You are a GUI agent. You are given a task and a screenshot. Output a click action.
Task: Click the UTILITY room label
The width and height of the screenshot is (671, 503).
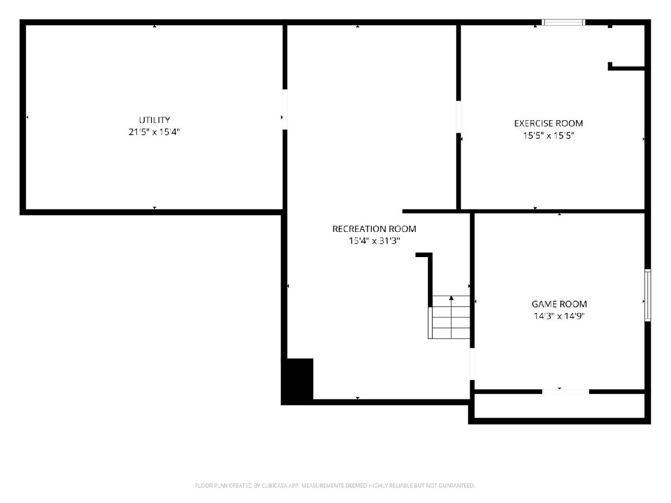(x=154, y=120)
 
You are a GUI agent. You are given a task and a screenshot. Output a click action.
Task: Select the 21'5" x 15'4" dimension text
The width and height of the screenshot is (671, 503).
(x=154, y=132)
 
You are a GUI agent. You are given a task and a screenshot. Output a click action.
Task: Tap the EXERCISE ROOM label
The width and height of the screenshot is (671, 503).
(x=549, y=124)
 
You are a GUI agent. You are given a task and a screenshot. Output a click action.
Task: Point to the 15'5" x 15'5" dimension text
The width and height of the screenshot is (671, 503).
(x=549, y=136)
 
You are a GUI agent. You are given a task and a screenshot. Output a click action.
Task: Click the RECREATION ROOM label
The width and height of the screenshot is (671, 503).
(x=374, y=229)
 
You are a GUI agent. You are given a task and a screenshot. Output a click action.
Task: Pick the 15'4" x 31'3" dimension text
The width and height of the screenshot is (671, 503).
(x=375, y=241)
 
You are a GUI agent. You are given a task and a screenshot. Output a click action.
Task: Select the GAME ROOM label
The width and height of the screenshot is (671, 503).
(x=559, y=304)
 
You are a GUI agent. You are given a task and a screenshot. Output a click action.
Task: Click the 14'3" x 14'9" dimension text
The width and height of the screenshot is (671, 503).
(x=559, y=316)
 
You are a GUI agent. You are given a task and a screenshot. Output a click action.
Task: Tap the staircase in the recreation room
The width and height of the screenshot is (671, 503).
(x=449, y=317)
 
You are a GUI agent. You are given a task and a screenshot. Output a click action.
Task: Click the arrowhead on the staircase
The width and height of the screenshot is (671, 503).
(x=451, y=298)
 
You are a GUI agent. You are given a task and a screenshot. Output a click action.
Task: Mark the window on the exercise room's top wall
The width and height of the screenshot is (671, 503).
(x=564, y=22)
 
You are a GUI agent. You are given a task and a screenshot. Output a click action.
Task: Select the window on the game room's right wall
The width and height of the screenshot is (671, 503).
(x=648, y=295)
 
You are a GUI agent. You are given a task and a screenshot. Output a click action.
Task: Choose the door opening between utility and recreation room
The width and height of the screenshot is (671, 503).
(x=285, y=110)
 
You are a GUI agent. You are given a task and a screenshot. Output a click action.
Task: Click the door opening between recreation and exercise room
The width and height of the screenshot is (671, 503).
(x=458, y=117)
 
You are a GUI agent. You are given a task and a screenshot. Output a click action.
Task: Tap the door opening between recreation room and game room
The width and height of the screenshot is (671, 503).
(x=472, y=364)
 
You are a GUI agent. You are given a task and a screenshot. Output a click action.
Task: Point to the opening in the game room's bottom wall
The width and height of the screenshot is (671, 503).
(x=565, y=392)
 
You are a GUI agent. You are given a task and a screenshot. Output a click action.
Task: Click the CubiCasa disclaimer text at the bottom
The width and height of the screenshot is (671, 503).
(x=335, y=486)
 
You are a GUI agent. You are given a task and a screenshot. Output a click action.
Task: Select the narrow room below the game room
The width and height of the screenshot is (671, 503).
(x=559, y=406)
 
